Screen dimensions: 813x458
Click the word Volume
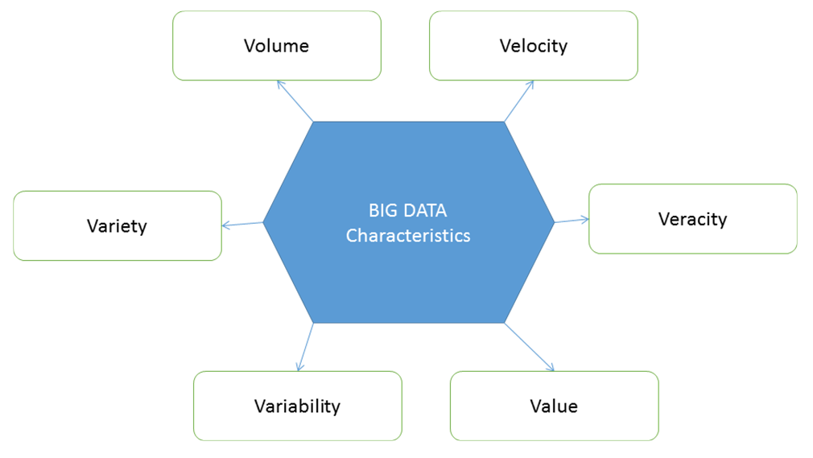(x=276, y=46)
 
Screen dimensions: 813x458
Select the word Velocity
(x=534, y=46)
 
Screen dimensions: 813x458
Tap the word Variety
(x=118, y=226)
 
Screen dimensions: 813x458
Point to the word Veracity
(x=693, y=219)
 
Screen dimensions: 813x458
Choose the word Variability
(x=297, y=406)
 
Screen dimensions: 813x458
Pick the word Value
(x=554, y=406)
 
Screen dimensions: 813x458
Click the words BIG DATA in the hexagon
(x=407, y=211)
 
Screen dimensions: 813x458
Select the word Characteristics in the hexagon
(x=408, y=236)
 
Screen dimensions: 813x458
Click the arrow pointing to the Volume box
(x=295, y=101)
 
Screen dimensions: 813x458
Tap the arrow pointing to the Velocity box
(x=519, y=101)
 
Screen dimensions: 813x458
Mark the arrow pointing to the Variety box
(x=242, y=224)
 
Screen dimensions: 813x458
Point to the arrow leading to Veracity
(x=572, y=221)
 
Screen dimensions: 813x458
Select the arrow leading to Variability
(x=305, y=347)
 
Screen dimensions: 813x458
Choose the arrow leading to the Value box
(x=530, y=347)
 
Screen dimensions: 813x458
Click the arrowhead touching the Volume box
(x=280, y=84)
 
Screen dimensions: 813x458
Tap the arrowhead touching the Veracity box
(x=585, y=220)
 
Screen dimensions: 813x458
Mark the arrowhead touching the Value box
(x=551, y=368)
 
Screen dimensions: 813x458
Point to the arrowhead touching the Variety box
(x=226, y=225)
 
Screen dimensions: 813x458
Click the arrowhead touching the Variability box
(x=299, y=367)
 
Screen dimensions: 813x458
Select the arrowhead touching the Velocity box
(x=531, y=84)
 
